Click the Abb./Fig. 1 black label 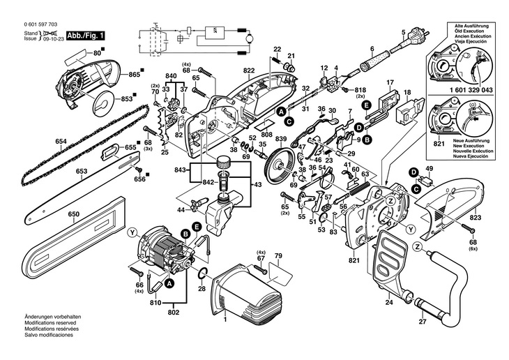86,36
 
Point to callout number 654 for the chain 61,142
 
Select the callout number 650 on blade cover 74,214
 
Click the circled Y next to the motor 132,232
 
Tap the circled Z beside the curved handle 418,247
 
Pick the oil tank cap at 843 222,161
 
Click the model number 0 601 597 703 40,24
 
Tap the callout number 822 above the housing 249,70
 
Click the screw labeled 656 139,169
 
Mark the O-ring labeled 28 202,273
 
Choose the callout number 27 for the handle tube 423,322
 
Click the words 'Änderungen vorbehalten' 53,317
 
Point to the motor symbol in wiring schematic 250,39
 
